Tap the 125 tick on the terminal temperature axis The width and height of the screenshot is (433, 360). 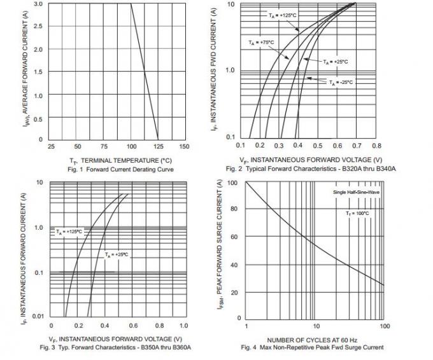point(157,146)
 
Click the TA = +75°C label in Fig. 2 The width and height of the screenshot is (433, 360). point(261,43)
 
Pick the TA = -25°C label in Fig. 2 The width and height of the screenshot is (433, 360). point(341,83)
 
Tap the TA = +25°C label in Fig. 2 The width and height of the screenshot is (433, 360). point(336,62)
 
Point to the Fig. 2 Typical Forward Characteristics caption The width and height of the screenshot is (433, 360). point(311,169)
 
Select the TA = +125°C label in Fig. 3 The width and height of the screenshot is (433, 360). point(69,232)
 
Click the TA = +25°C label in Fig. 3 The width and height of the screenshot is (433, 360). point(117,254)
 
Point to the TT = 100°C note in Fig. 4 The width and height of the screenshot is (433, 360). point(357,213)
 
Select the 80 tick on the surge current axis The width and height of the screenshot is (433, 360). point(234,209)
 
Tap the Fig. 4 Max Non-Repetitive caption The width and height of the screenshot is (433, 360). point(312,347)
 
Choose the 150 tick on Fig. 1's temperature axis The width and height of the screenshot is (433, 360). point(184,146)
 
